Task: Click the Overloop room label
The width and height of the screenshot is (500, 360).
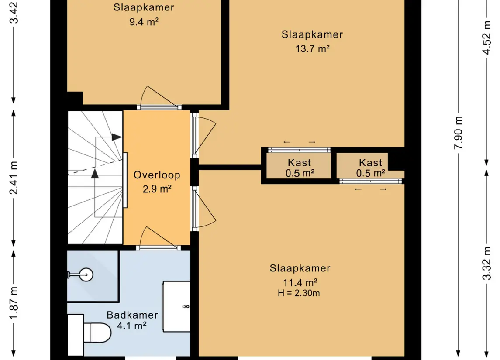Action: click(x=157, y=175)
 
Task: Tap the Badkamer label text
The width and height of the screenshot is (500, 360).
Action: click(x=132, y=315)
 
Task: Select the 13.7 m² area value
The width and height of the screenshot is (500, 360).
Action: click(x=312, y=49)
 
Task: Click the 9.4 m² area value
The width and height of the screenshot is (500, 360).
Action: click(x=144, y=22)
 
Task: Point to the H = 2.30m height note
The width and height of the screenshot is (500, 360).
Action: click(x=299, y=293)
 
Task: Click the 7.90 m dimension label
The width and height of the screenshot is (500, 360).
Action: click(x=459, y=133)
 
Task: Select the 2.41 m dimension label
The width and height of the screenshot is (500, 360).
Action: click(x=14, y=178)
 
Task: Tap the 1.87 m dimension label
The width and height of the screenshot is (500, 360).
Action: click(x=14, y=303)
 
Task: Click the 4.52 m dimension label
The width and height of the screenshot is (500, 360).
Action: click(x=486, y=38)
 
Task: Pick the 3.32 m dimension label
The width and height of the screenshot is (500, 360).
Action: click(x=486, y=263)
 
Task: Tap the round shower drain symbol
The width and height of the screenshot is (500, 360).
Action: click(x=86, y=274)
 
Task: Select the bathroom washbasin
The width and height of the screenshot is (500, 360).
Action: click(x=176, y=306)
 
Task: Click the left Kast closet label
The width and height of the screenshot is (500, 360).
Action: click(x=300, y=163)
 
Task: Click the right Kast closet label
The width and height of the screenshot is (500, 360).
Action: click(x=371, y=163)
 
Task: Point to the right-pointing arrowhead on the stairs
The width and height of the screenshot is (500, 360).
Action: click(x=117, y=137)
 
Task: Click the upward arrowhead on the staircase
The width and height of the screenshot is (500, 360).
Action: click(x=95, y=174)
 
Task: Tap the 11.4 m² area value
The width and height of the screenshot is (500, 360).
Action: click(x=300, y=283)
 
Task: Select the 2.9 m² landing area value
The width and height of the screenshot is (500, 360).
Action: click(x=157, y=189)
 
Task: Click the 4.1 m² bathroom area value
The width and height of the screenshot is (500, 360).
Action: click(x=132, y=326)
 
